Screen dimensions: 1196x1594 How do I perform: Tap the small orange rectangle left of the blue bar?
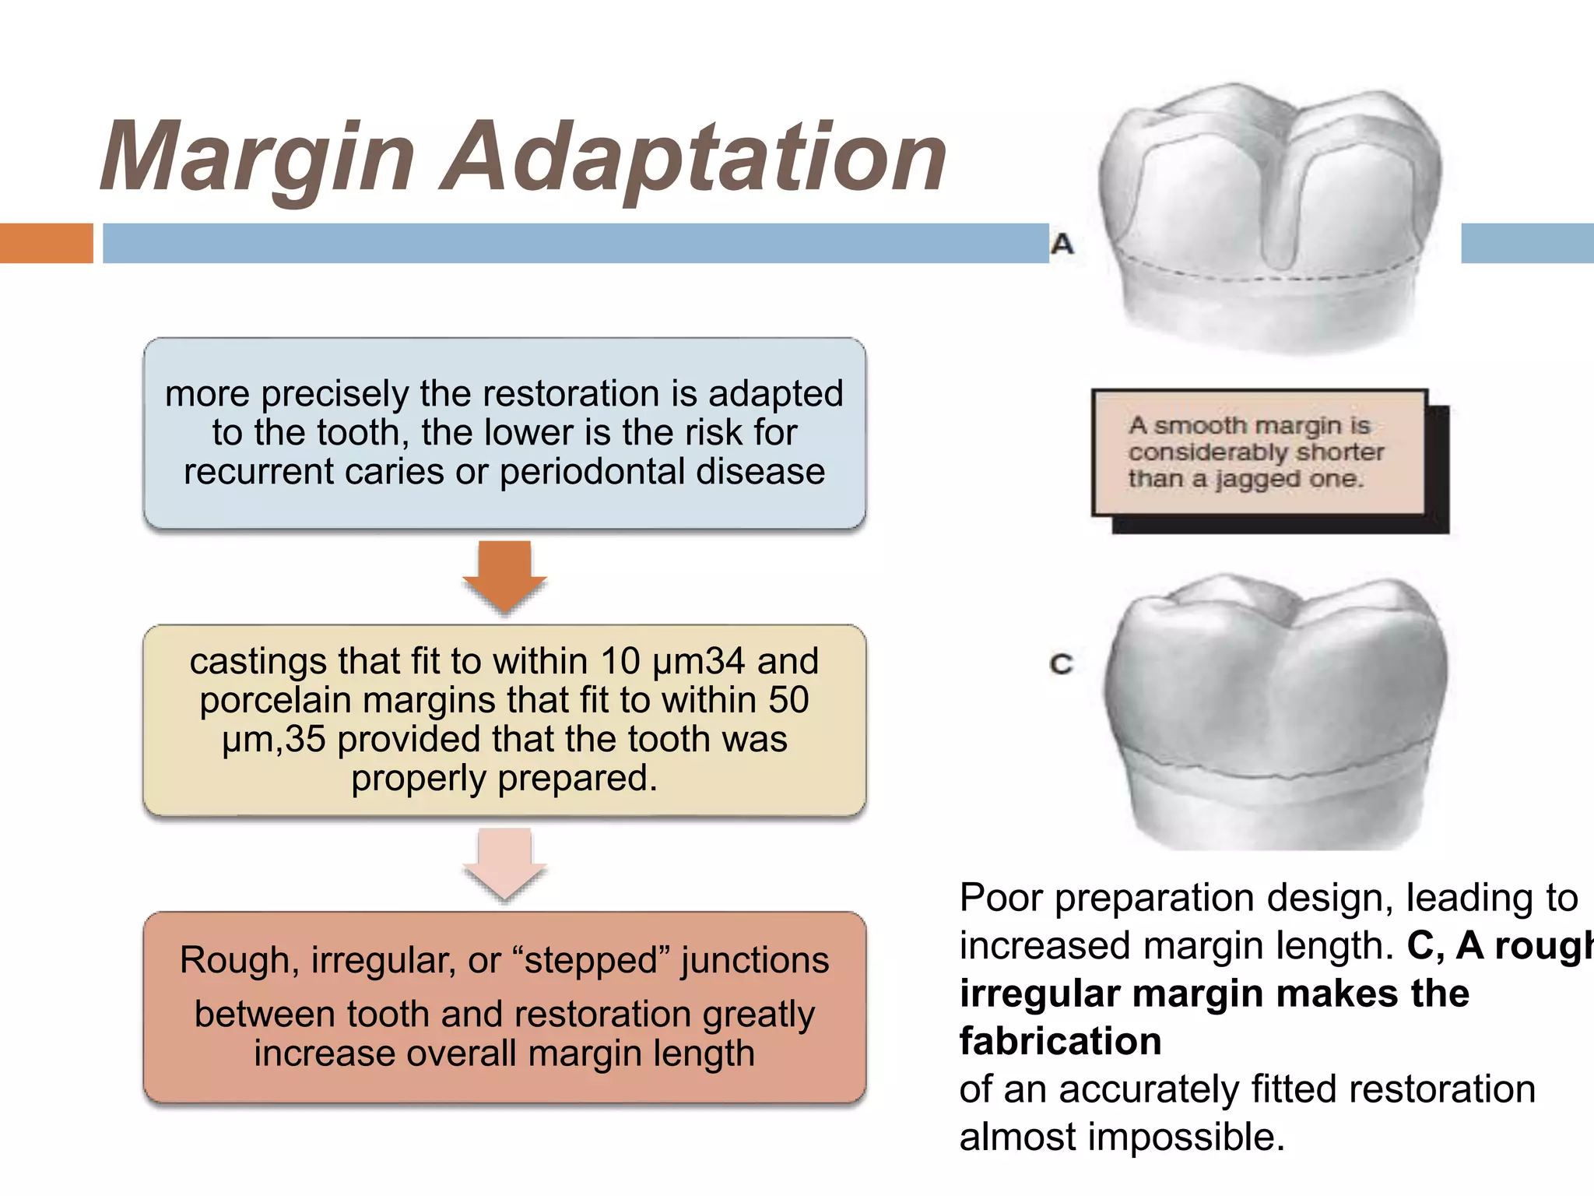point(46,243)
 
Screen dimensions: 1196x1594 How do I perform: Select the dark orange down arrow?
point(504,575)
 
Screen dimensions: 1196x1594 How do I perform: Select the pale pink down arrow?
point(504,863)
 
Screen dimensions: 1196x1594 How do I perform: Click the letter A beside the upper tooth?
point(1062,244)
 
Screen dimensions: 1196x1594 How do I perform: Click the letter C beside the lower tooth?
point(1061,664)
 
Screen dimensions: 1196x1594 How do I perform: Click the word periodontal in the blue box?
point(592,472)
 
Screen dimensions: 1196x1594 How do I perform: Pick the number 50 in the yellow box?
point(788,700)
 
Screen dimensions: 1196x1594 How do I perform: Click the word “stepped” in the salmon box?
point(592,960)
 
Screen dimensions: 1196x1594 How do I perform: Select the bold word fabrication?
point(1060,1042)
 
